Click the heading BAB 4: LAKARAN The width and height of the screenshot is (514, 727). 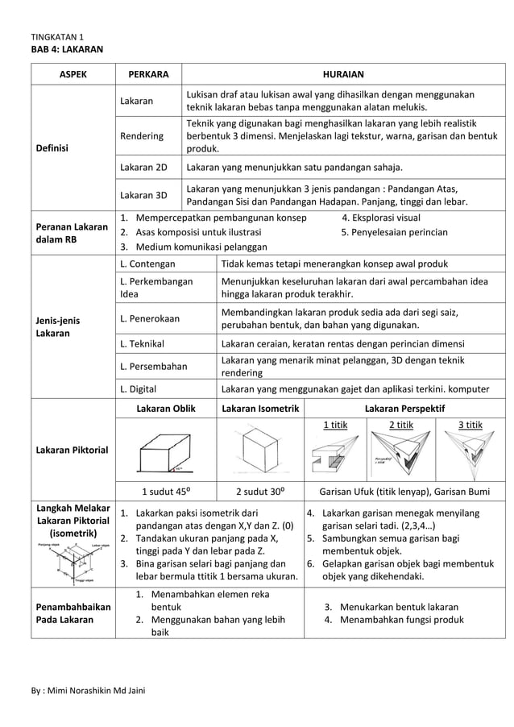pyautogui.click(x=67, y=50)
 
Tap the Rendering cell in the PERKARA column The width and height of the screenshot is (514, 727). pyautogui.click(x=141, y=136)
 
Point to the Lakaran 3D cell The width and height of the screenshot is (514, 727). pyautogui.click(x=143, y=195)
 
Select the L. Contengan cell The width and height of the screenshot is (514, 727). pyautogui.click(x=147, y=264)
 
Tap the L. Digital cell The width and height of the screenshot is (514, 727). pyautogui.click(x=139, y=388)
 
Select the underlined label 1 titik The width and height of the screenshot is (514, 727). pyautogui.click(x=336, y=425)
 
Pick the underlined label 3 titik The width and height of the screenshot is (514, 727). pyautogui.click(x=470, y=425)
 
